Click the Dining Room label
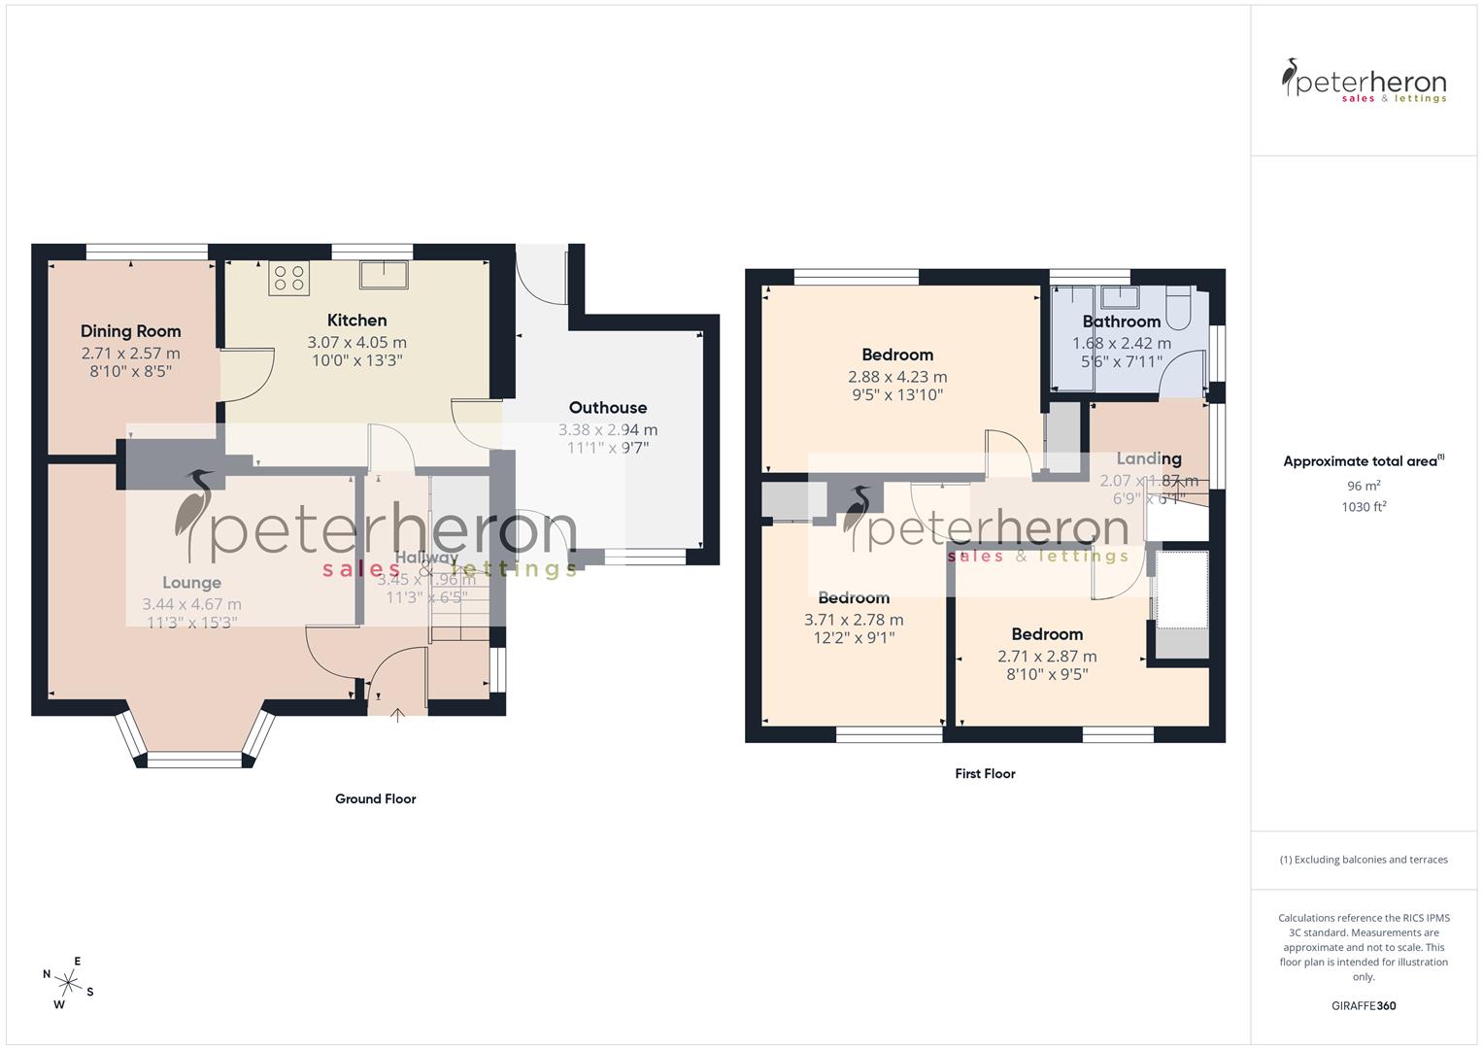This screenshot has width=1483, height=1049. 130,331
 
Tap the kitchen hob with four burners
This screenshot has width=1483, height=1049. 288,278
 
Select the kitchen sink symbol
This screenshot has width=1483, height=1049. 384,274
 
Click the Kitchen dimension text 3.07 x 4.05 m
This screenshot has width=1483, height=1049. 356,342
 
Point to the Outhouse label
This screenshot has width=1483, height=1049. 607,408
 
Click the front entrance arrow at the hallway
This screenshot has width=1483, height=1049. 397,716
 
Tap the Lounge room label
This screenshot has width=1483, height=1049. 191,583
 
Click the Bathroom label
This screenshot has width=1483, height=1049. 1121,321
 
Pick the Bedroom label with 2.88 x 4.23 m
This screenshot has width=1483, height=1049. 896,355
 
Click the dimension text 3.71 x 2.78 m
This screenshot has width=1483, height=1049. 853,620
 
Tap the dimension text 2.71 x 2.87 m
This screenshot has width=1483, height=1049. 1047,657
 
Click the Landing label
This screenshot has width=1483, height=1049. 1148,458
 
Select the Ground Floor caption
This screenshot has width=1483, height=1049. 375,799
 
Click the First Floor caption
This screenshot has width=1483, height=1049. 984,774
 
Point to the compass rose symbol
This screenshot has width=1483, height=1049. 68,978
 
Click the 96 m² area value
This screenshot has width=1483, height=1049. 1364,486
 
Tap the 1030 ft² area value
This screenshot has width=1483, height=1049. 1364,506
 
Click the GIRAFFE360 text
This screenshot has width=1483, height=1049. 1363,1005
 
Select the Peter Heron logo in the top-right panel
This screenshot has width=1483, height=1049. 1364,82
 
